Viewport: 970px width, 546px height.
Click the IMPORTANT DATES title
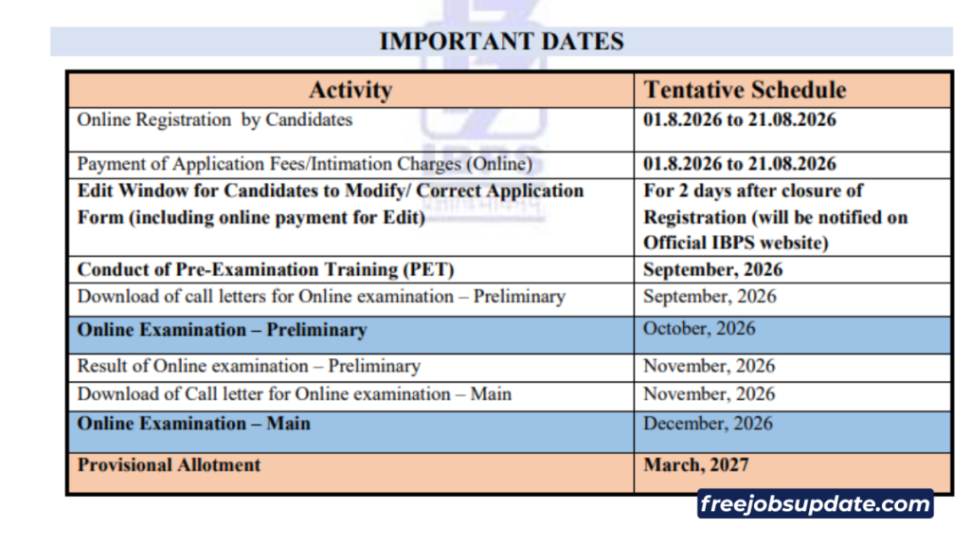(x=502, y=42)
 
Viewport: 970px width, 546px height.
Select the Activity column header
(x=350, y=90)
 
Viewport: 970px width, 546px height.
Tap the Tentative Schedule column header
(x=745, y=90)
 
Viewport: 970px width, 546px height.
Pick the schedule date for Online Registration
(x=740, y=119)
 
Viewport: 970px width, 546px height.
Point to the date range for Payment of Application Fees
(x=740, y=164)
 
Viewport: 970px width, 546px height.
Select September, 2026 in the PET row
(x=712, y=270)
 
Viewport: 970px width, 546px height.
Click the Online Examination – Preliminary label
(x=222, y=330)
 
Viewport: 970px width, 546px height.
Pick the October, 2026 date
(x=699, y=329)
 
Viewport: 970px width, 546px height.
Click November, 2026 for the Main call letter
(x=709, y=394)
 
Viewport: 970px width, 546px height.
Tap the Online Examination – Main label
(x=193, y=424)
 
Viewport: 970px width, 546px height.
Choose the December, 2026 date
(x=708, y=424)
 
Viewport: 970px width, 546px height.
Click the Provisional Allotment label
(x=169, y=464)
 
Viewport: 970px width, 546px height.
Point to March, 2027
(x=696, y=464)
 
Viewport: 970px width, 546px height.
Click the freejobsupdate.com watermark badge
(x=816, y=504)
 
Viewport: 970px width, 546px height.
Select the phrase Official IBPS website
(x=735, y=243)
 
